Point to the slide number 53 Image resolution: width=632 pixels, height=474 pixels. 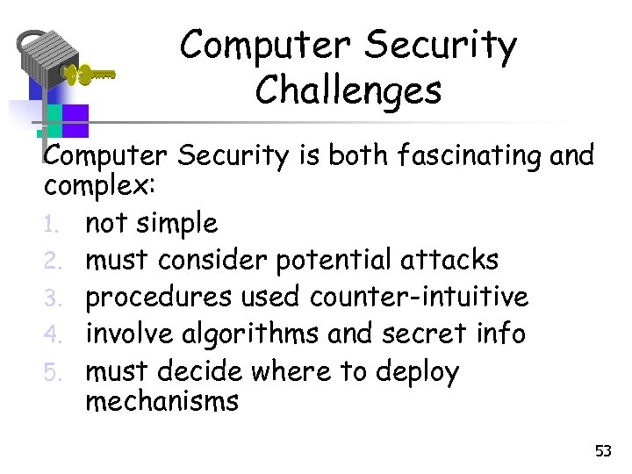pyautogui.click(x=602, y=451)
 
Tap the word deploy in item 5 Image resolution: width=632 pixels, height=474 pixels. pyautogui.click(x=417, y=373)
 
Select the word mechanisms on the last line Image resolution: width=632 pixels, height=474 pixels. pyautogui.click(x=162, y=401)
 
